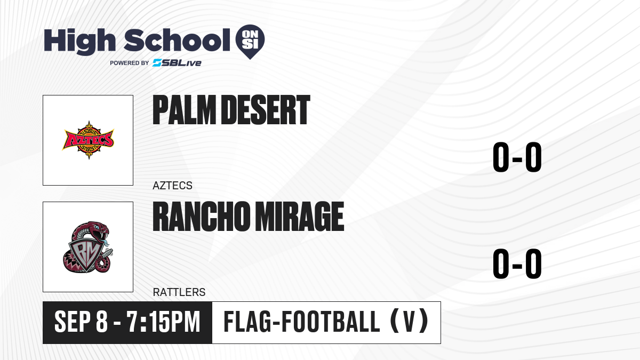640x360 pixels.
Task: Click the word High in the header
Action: coord(79,42)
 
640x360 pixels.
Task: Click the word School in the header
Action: coord(177,40)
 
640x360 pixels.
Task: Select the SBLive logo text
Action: coord(177,63)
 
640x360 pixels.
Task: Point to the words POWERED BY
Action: coord(130,63)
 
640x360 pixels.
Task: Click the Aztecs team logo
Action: coord(89,140)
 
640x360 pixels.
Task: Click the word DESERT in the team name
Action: coord(266,110)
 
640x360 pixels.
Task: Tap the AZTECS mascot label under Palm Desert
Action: coord(172,186)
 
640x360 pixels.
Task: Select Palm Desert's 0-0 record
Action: coord(517,157)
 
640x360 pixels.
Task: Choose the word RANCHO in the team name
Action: coord(201,217)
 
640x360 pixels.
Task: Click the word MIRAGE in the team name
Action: coord(299,217)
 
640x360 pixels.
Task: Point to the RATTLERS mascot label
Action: coord(179,292)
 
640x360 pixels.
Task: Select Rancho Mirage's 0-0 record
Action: coord(517,263)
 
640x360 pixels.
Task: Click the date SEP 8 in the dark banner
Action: coord(81,322)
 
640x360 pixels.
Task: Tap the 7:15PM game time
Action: coord(163,322)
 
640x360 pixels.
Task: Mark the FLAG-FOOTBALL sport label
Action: coord(302,322)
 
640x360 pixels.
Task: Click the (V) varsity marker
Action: coord(409,322)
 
